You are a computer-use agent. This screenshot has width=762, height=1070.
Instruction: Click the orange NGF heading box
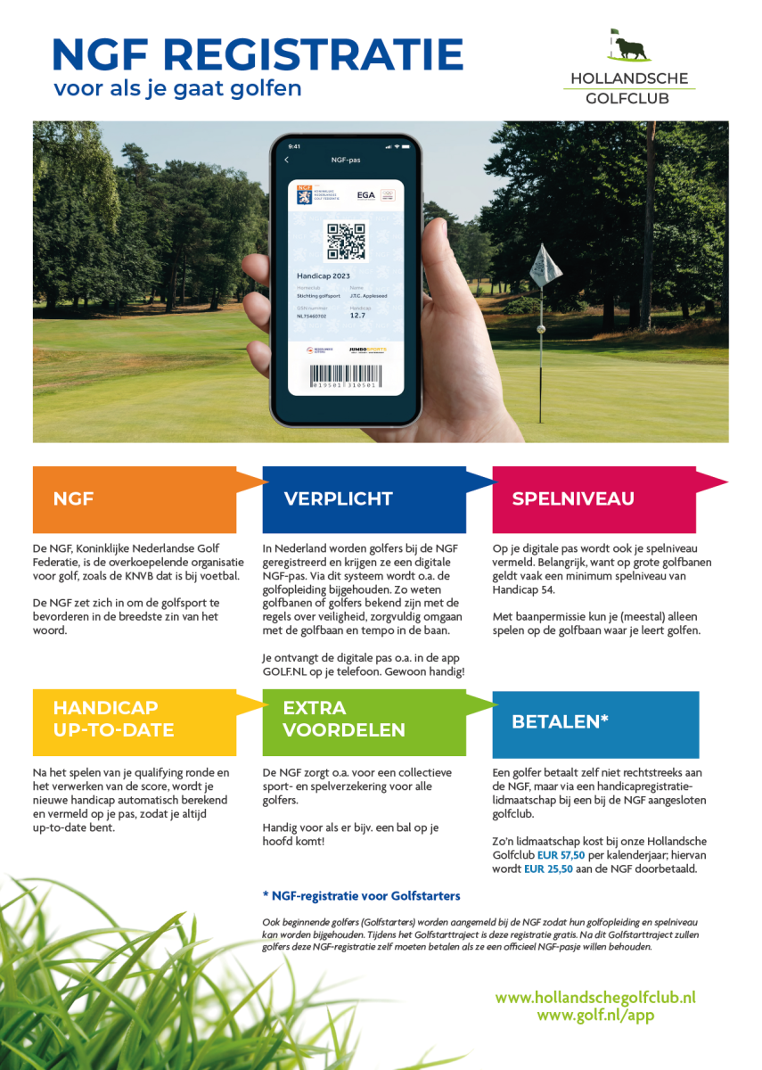coord(134,499)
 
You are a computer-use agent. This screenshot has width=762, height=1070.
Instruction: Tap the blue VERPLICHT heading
coord(364,499)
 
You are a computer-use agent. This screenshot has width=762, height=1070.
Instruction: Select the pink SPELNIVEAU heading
coord(594,499)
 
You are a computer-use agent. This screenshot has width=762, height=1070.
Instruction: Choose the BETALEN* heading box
coord(594,722)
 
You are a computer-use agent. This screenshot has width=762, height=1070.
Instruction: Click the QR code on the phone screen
coord(345,241)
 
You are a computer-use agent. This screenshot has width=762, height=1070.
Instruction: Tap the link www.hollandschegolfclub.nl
coord(595,997)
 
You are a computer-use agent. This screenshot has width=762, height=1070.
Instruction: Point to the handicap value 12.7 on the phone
coord(357,315)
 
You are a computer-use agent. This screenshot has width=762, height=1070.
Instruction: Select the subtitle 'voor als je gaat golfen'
coord(177,88)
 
